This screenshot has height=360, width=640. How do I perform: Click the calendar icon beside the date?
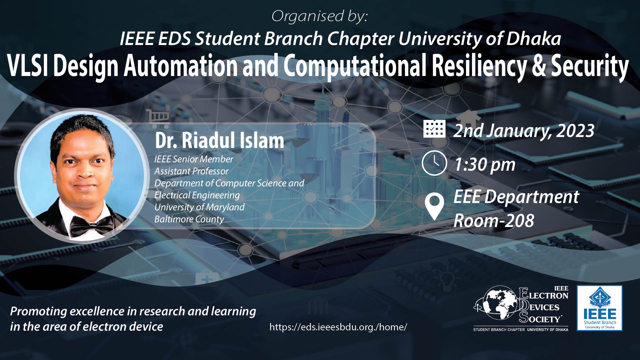434,129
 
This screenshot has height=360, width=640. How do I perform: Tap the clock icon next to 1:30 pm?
434,163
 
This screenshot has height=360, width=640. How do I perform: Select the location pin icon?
434,207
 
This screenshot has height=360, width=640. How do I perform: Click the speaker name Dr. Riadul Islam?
219,140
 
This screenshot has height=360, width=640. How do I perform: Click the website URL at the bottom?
338,327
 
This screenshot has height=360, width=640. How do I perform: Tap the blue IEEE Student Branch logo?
600,308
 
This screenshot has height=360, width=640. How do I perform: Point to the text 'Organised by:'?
319,16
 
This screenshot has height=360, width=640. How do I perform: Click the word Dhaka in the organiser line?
534,39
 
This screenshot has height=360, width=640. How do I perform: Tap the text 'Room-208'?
494,221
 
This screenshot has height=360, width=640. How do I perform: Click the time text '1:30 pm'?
485,165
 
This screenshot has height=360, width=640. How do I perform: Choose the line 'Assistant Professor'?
191,171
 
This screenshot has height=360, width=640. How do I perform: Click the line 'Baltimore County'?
189,219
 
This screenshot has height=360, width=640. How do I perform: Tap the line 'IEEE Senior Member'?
194,159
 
